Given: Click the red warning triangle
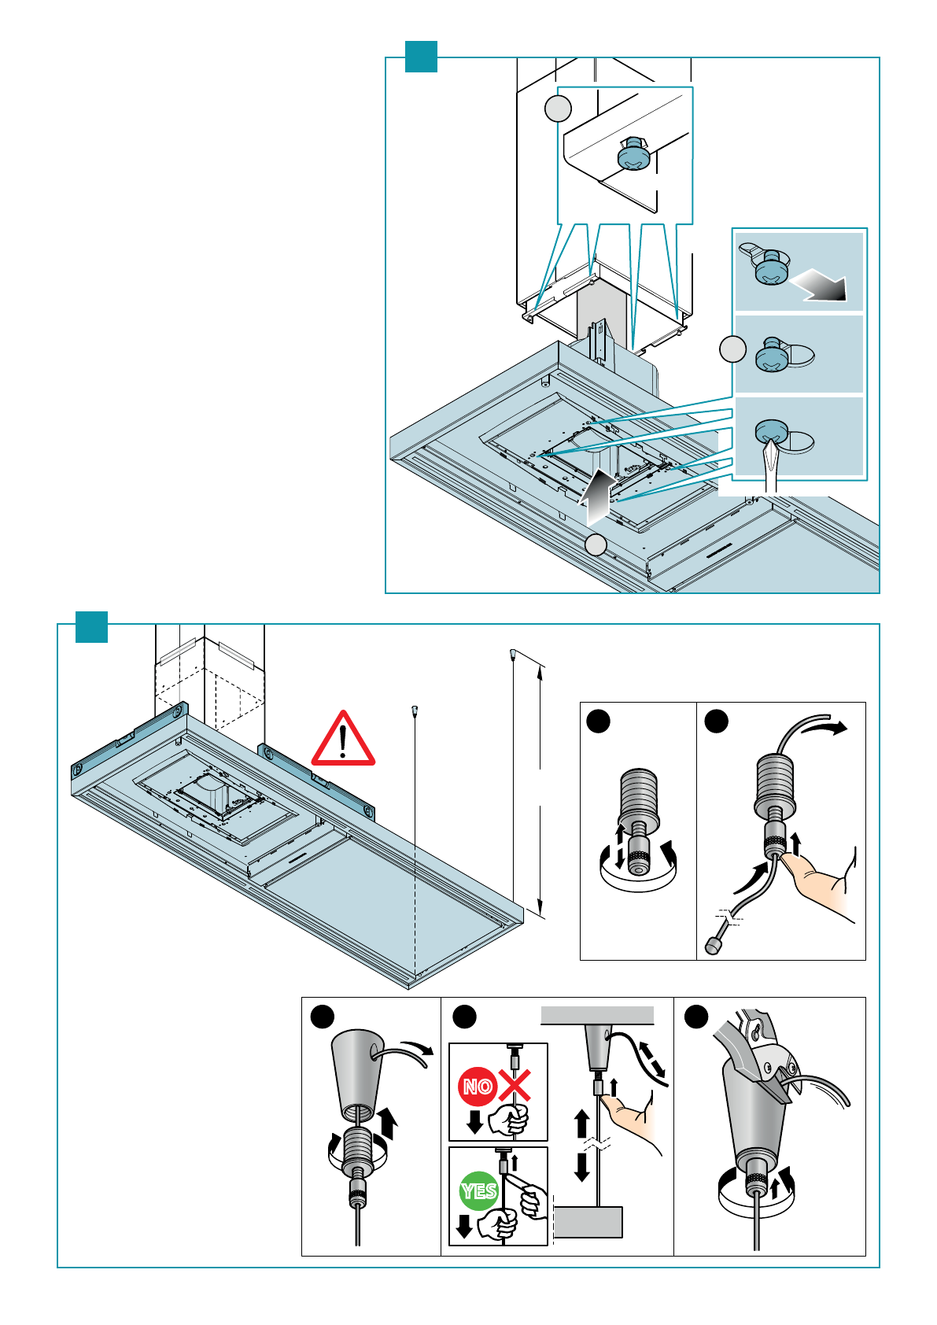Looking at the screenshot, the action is point(342,740).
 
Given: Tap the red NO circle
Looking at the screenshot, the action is point(478,1086).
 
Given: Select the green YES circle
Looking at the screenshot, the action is point(479,1190).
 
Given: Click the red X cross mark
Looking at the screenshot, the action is point(515,1085).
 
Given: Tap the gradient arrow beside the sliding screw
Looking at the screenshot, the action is point(820,285).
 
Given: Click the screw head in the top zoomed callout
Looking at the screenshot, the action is point(633,155).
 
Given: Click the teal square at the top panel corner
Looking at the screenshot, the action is point(421,57).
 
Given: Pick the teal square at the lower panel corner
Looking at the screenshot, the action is point(92,627).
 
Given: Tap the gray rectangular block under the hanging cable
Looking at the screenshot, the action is point(588,1222).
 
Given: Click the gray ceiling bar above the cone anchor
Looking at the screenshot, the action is point(597,1015).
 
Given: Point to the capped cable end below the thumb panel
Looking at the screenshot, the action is point(713,946).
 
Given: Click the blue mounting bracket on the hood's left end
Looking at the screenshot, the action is point(129,741).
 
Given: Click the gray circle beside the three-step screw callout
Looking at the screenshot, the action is point(733,349).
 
